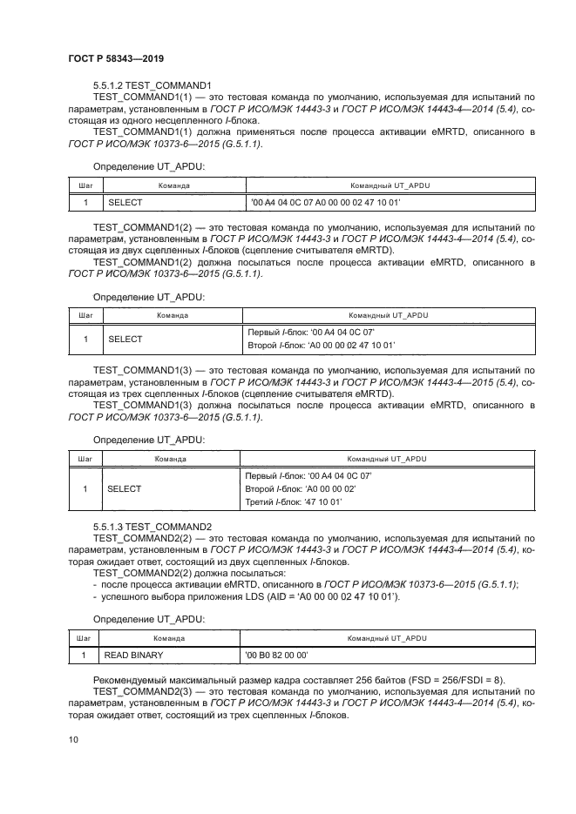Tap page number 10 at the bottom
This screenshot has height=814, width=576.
point(73,739)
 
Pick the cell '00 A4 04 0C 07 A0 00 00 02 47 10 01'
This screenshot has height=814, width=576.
point(325,201)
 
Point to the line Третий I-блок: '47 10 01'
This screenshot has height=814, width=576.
point(295,502)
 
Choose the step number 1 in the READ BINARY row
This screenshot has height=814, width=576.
point(84,653)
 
